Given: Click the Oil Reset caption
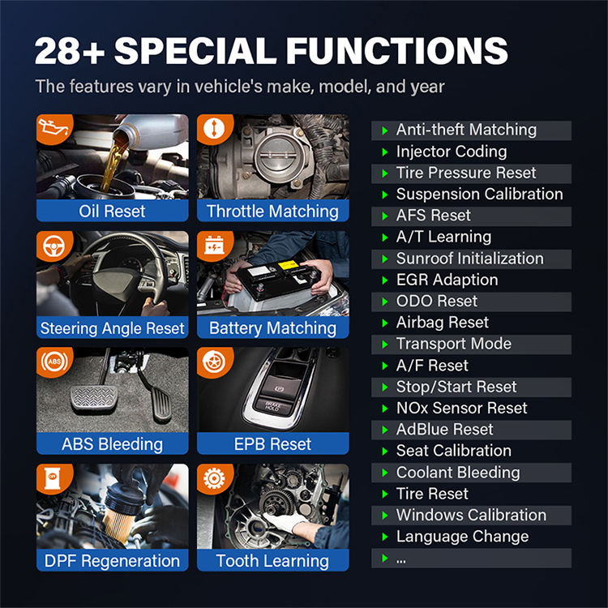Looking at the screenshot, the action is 112,212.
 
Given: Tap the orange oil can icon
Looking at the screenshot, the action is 54,128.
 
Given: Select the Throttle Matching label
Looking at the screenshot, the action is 272,212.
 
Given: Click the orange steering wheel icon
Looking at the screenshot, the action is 54,246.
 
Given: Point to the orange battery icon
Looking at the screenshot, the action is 215,246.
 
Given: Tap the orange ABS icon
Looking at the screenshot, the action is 54,362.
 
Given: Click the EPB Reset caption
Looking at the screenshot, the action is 272,444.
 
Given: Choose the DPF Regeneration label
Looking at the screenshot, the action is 112,561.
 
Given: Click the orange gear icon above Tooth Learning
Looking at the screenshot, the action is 215,478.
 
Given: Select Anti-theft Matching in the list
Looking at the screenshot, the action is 466,130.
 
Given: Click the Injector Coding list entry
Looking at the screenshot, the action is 452,152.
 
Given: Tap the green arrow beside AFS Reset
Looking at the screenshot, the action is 384,216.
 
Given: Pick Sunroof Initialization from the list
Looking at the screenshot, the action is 470,259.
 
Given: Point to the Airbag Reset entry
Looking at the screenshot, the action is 443,323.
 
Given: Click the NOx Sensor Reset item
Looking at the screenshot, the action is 462,408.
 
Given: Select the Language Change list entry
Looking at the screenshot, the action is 463,537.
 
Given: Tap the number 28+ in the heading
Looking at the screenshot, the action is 70,51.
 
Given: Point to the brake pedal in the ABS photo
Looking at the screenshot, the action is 93,400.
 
